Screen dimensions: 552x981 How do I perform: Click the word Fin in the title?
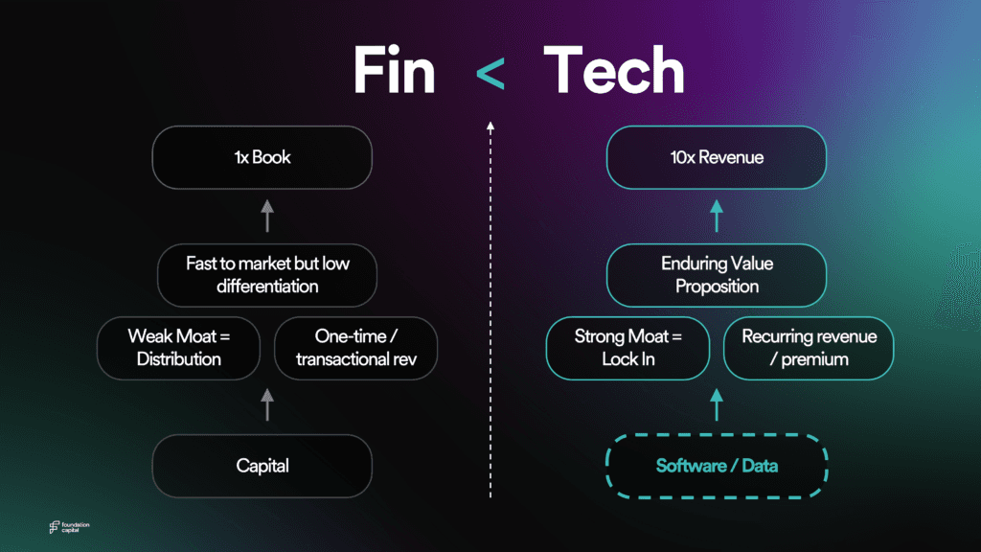tap(393, 71)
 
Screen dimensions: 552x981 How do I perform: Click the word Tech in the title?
tap(613, 71)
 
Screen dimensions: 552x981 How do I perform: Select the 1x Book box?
tap(262, 157)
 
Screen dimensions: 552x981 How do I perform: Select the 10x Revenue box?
tap(717, 157)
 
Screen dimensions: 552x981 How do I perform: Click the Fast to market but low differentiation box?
tap(267, 275)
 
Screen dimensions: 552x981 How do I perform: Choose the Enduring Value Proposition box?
tap(717, 275)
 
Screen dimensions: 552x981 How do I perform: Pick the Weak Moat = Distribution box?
tap(179, 348)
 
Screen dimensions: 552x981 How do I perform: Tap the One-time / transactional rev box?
tap(355, 348)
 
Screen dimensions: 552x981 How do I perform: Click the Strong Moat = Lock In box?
tap(627, 348)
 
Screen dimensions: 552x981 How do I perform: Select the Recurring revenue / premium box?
tap(809, 348)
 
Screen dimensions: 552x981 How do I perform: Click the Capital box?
tap(262, 466)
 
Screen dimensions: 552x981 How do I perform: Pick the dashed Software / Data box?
tap(717, 466)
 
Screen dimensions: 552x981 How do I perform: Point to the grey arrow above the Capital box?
tap(267, 405)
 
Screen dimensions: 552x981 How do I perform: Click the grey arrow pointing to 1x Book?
tap(267, 215)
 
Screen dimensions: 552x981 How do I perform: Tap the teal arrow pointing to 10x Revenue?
tap(717, 215)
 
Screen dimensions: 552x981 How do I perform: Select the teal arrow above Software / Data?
tap(717, 405)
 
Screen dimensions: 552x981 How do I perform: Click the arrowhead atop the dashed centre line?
tap(490, 126)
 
